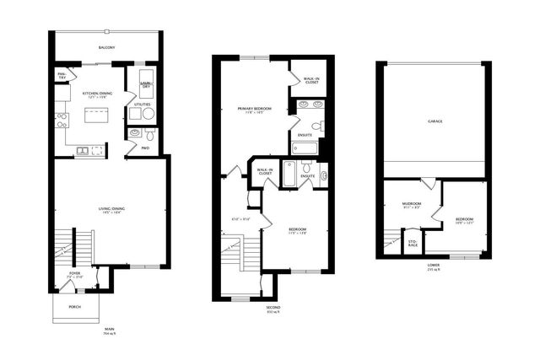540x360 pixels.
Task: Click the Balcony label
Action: click(106, 47)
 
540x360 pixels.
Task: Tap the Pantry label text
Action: click(62, 77)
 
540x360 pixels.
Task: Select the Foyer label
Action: click(74, 274)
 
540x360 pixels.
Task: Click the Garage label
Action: click(435, 121)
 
